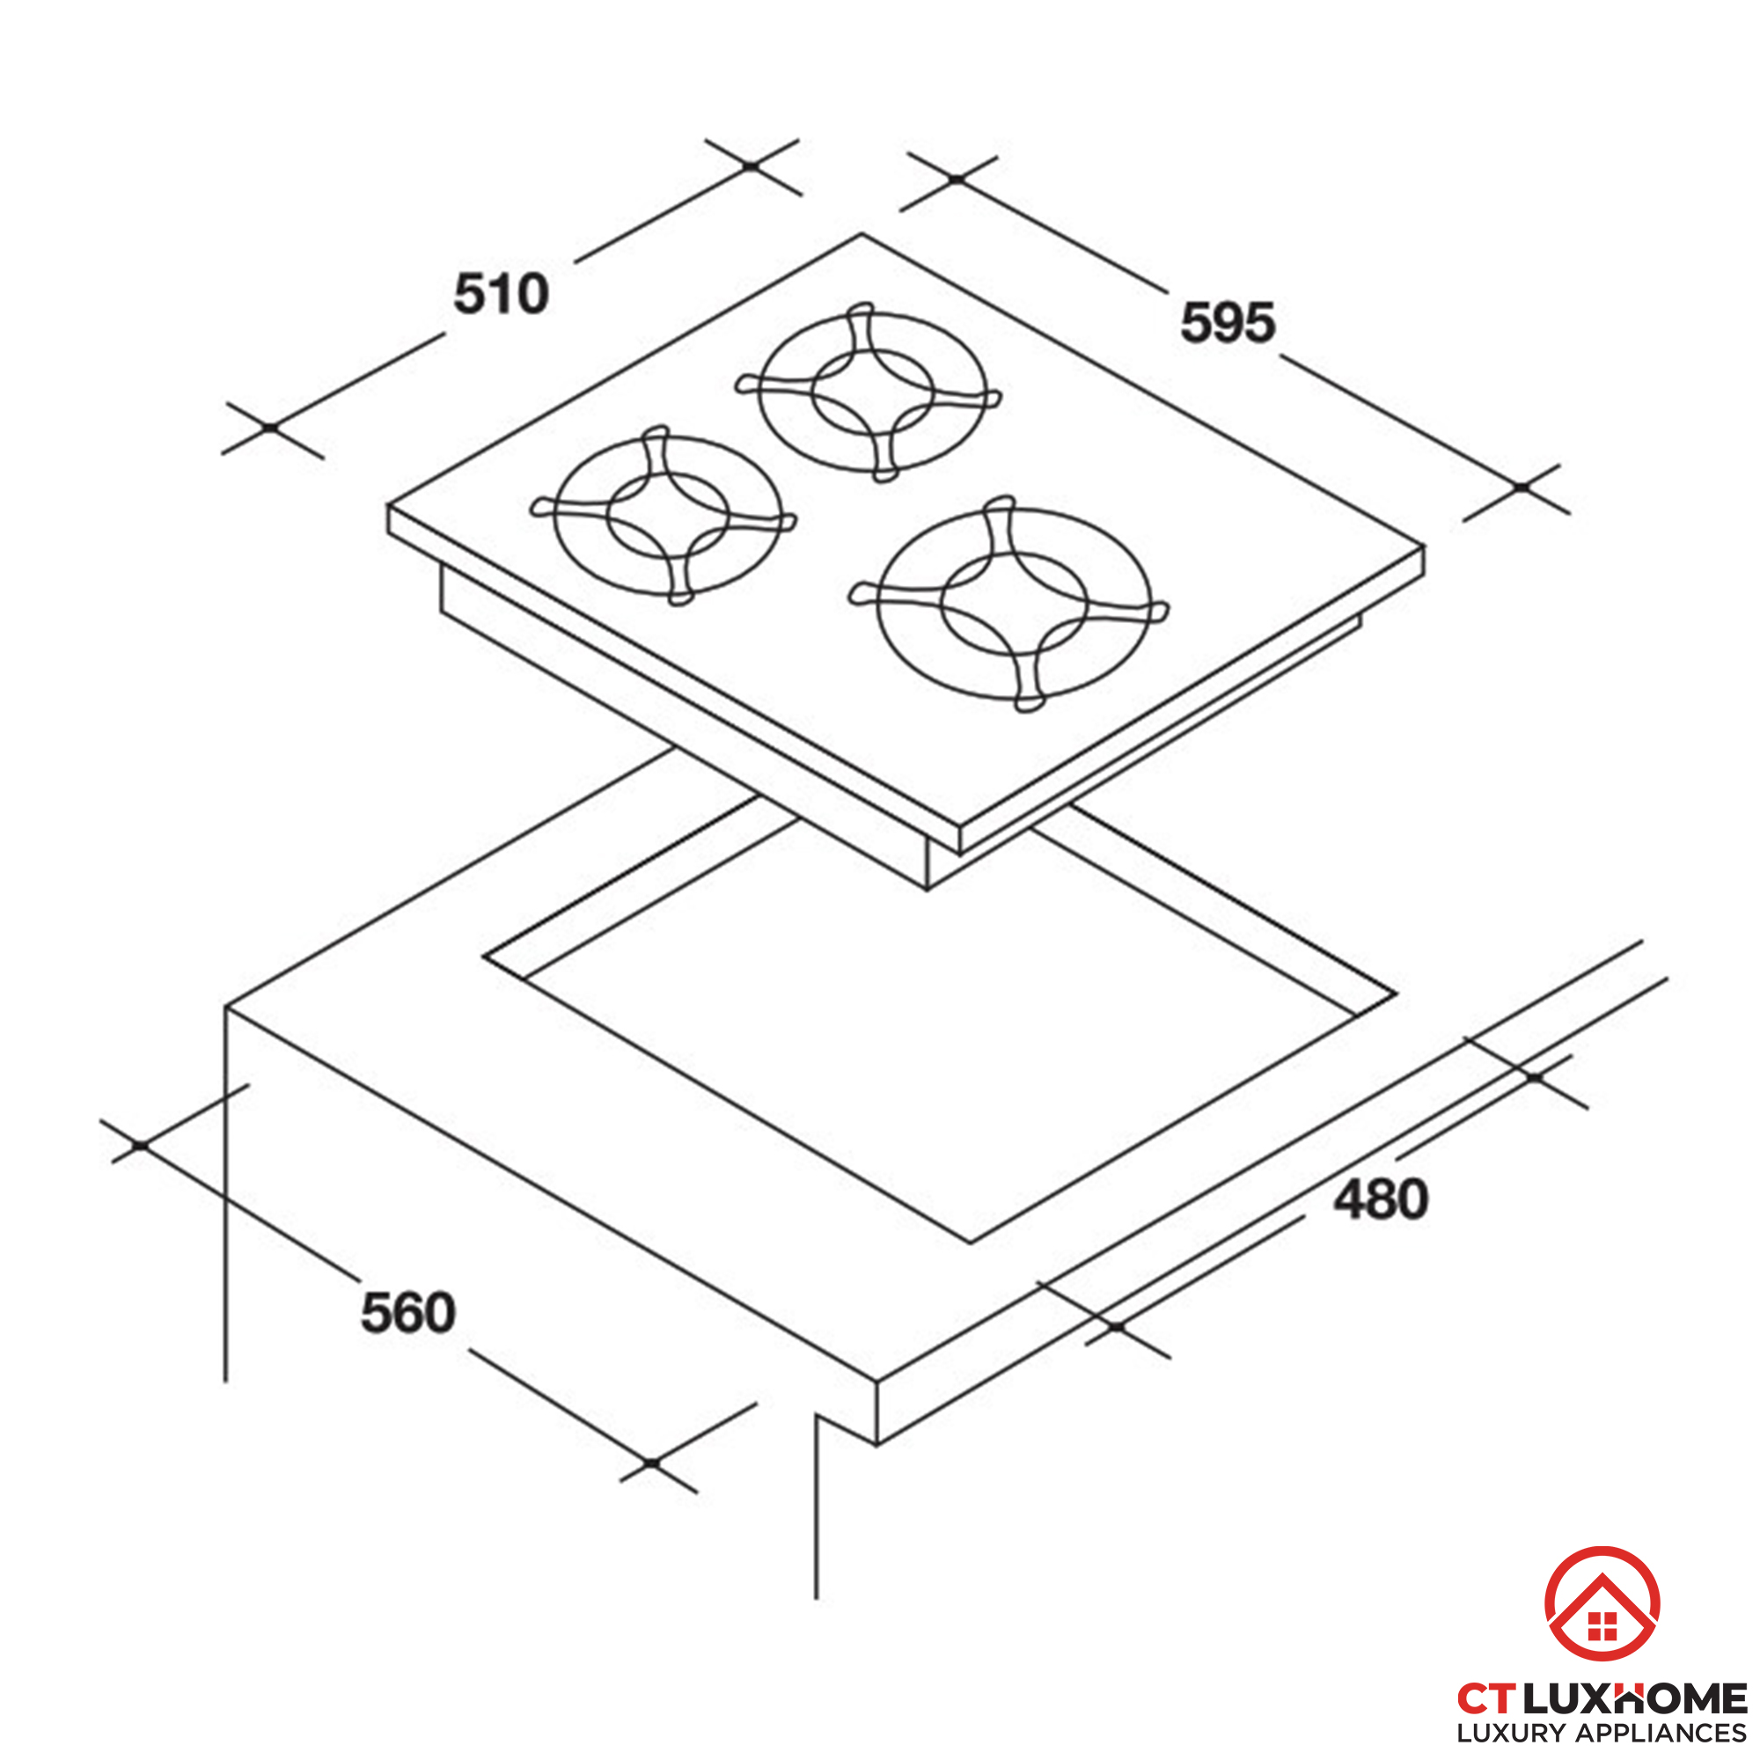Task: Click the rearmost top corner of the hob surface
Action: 862,235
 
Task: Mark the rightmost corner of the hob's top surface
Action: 1424,547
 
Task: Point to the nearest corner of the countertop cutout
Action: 972,1243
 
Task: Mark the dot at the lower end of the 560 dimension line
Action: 651,1464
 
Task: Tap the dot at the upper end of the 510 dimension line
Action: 751,166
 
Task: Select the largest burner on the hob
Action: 1009,604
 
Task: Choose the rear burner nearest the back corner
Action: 869,392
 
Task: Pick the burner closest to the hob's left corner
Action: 664,516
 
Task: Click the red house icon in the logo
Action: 1602,1604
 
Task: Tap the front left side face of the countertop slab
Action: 551,1226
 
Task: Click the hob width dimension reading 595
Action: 1227,323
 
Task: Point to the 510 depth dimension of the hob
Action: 501,294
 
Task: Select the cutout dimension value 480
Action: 1381,1199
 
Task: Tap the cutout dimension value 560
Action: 408,1313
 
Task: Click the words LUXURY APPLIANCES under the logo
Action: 1602,1733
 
